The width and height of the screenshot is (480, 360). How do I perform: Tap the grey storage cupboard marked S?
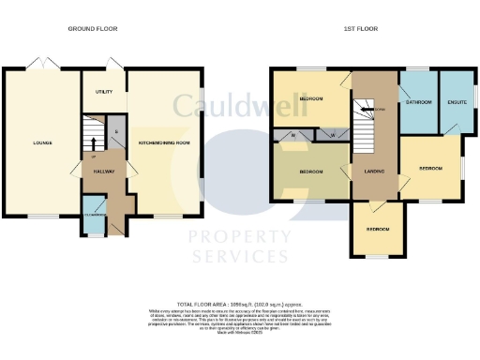116,132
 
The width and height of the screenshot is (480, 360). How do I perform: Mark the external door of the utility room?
113,67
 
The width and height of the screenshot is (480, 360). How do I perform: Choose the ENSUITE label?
457,101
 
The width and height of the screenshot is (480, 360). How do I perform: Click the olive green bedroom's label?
311,172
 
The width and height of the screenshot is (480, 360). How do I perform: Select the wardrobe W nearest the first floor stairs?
332,135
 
